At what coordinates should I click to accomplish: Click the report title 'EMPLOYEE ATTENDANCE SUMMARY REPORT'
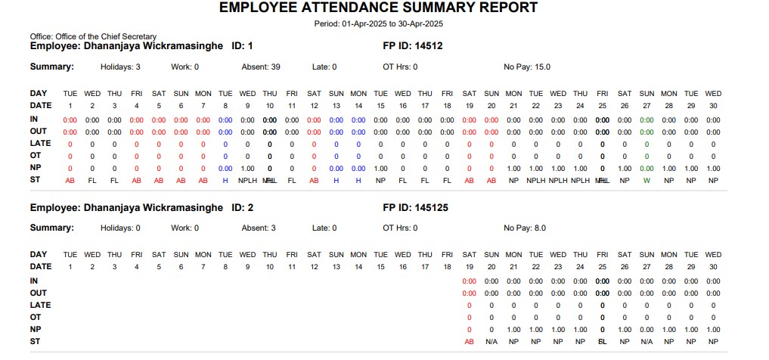[378, 8]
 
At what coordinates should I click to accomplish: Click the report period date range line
[378, 23]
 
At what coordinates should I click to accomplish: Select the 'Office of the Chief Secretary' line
[93, 36]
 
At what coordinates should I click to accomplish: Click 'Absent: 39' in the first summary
[261, 67]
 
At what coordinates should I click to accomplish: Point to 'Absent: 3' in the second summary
[259, 228]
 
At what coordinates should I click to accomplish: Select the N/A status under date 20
[491, 342]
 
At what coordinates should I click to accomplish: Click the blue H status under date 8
[225, 181]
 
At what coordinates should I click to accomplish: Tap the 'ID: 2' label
[242, 207]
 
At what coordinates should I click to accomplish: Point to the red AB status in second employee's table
[469, 342]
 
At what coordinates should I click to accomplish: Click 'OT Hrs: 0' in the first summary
[400, 67]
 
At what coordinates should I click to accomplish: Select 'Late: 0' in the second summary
[324, 228]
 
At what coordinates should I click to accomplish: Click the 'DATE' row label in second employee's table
[41, 266]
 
